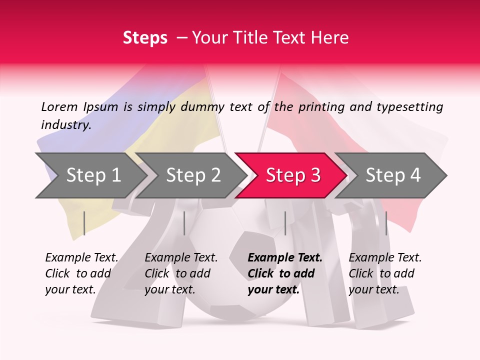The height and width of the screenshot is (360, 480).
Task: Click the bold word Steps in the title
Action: tap(145, 38)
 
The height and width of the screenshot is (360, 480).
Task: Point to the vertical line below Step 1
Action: tap(84, 223)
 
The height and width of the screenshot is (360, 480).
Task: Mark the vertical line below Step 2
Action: tap(184, 223)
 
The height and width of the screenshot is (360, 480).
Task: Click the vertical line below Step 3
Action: tap(285, 223)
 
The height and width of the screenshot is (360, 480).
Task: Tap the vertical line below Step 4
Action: tap(386, 223)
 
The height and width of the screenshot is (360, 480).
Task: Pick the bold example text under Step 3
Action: tap(284, 273)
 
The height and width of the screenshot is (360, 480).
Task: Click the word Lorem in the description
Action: tap(59, 106)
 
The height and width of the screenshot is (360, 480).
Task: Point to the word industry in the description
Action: tap(65, 124)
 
